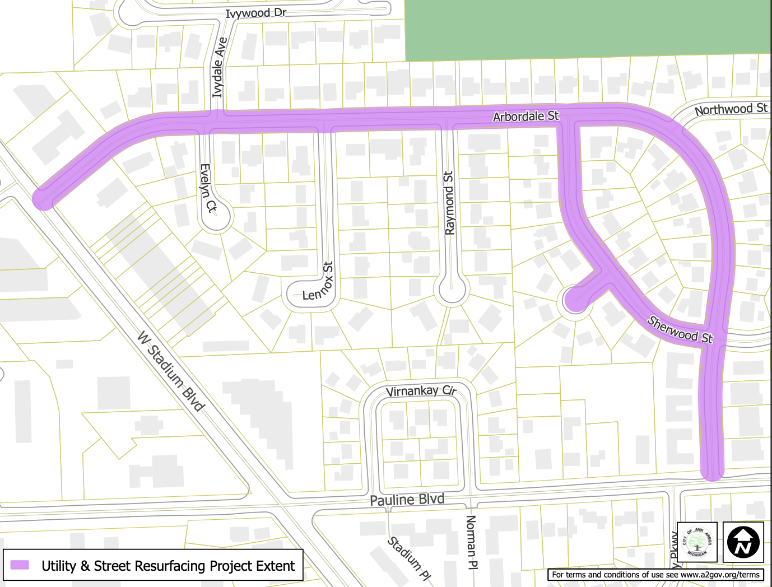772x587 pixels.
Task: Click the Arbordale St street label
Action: click(x=525, y=117)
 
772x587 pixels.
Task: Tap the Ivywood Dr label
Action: click(x=255, y=13)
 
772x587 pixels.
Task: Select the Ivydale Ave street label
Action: click(x=220, y=67)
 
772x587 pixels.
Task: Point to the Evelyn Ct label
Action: click(x=208, y=188)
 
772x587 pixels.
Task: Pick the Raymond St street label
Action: click(x=449, y=203)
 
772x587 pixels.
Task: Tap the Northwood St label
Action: click(x=731, y=109)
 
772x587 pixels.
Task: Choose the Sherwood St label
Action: click(x=680, y=329)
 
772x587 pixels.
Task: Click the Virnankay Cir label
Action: click(x=421, y=391)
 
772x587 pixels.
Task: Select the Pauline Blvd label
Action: click(x=407, y=500)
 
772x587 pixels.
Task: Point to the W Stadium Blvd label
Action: click(x=171, y=371)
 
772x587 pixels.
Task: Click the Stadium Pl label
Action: click(x=409, y=558)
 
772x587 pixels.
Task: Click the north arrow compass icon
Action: click(x=743, y=542)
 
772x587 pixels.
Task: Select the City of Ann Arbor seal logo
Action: click(x=697, y=542)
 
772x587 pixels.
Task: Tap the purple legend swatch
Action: click(x=20, y=565)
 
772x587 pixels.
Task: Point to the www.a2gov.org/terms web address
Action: click(x=720, y=575)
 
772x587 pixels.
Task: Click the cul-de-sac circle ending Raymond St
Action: click(x=452, y=290)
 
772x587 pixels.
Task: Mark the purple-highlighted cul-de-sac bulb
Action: click(x=575, y=300)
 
